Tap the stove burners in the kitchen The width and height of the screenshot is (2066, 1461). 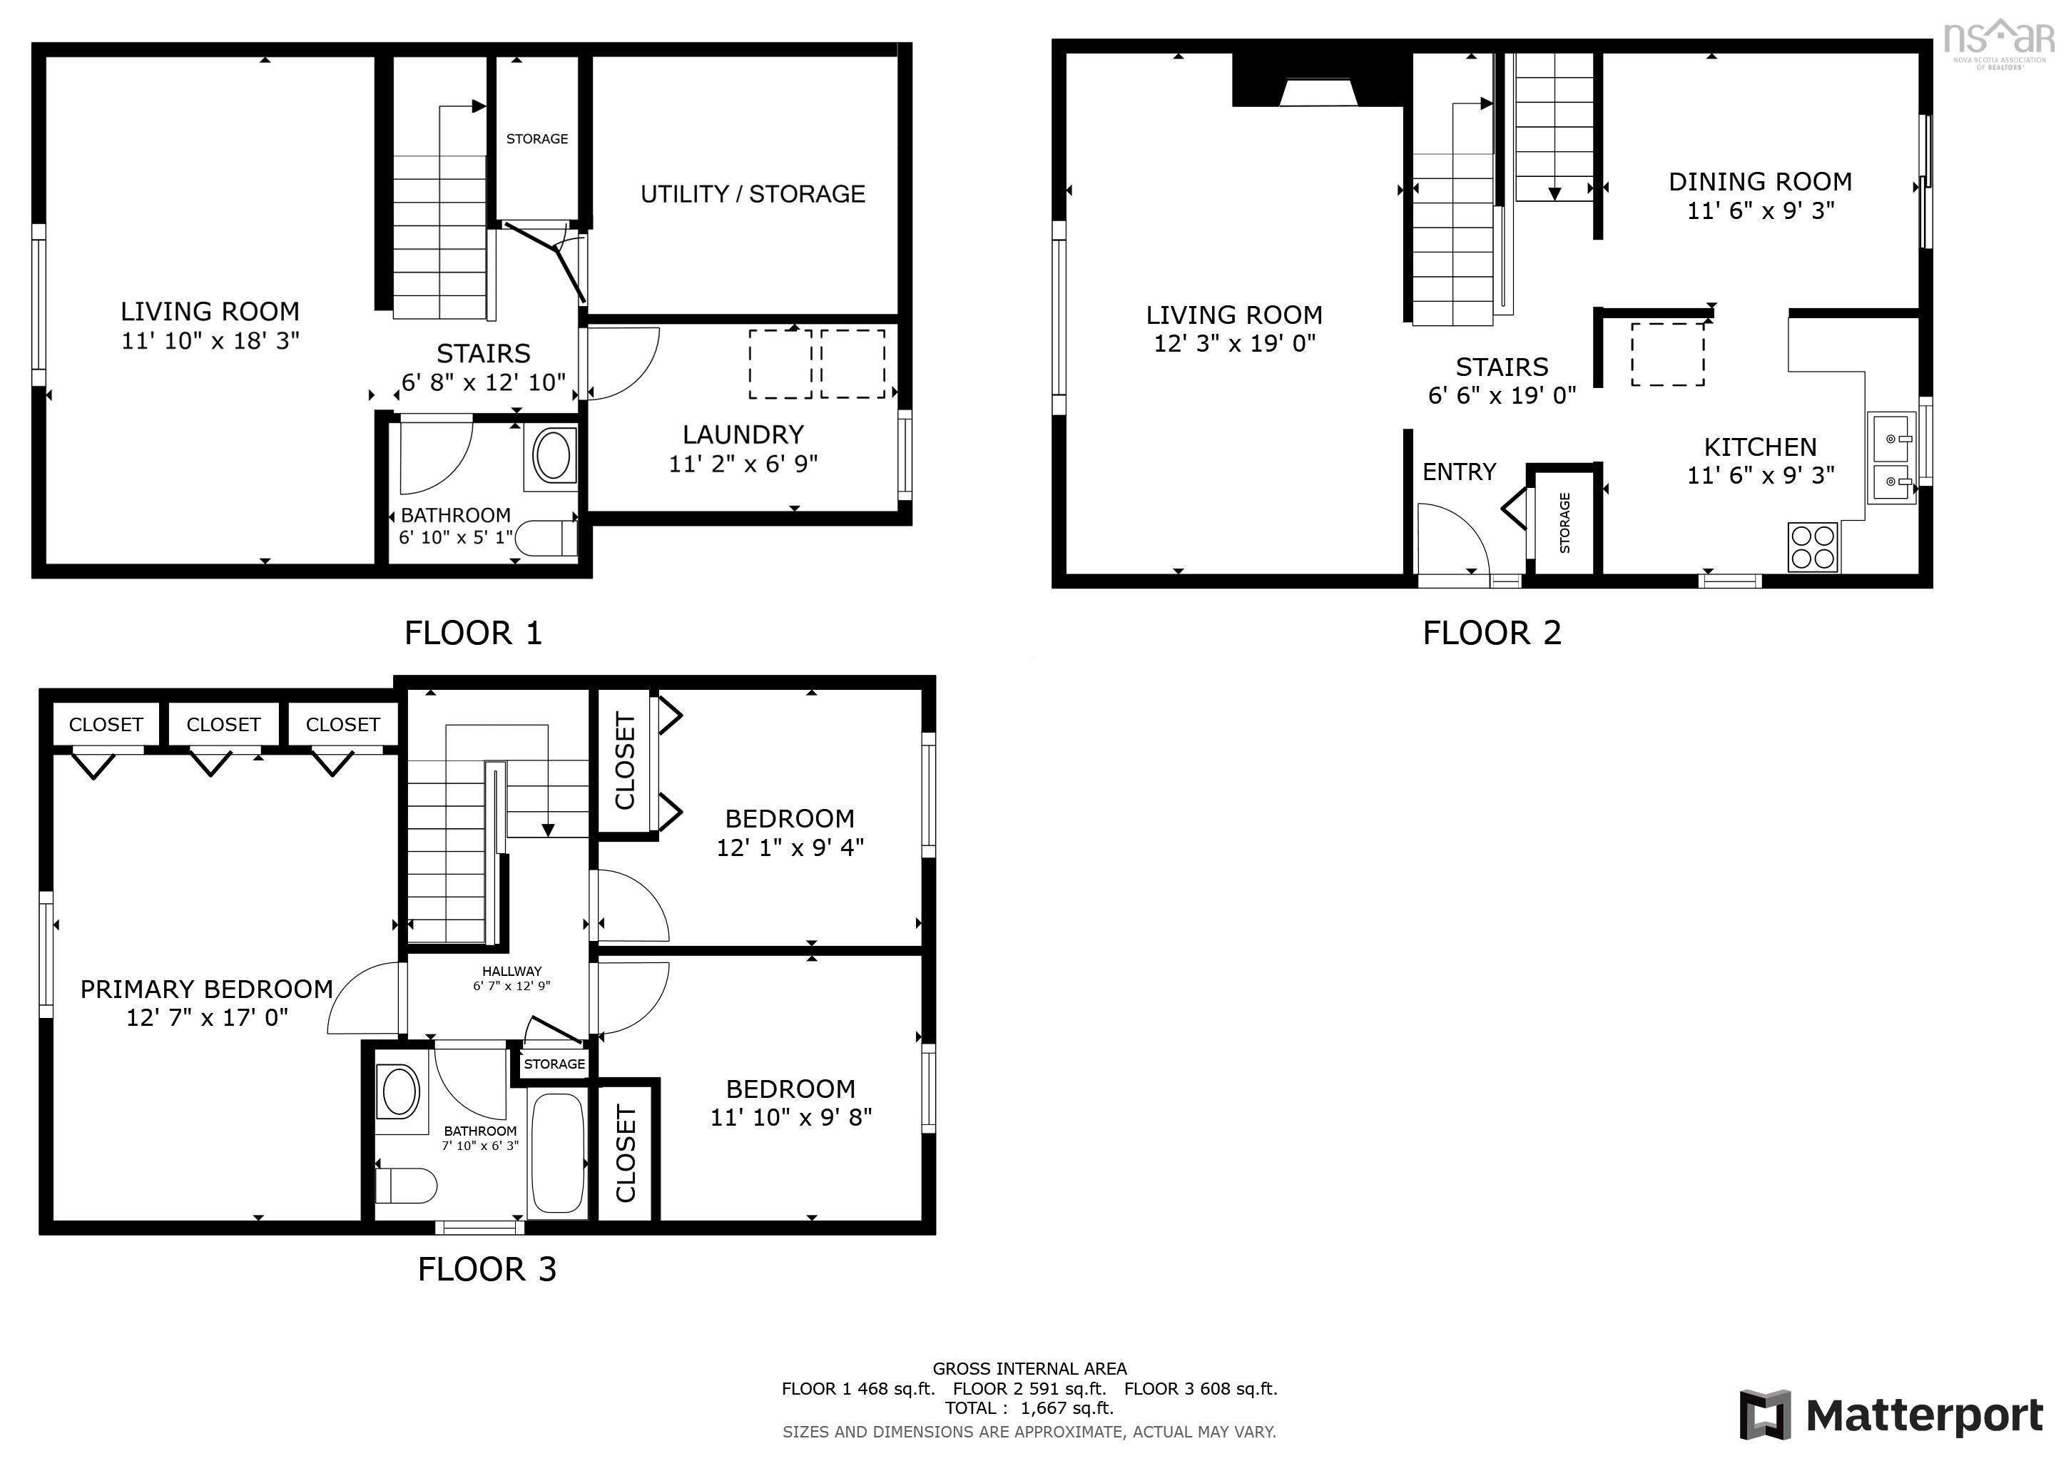(1812, 547)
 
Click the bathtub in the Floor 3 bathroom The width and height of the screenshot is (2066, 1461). (557, 1154)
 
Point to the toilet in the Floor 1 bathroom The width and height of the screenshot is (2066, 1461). (549, 539)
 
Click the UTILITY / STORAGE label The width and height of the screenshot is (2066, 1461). (752, 194)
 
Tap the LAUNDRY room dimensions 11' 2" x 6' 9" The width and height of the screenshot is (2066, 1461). (743, 464)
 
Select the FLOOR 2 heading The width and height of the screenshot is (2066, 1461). (1491, 633)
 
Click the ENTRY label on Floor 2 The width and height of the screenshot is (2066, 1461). (1459, 472)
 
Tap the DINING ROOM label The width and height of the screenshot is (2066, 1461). (1759, 182)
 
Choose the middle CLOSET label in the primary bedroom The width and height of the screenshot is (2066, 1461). (223, 725)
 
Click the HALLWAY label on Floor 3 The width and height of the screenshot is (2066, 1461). (511, 972)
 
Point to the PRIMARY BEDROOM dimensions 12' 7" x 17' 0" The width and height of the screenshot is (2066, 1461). (207, 1017)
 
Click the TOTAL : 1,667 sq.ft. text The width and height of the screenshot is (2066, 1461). (1029, 1408)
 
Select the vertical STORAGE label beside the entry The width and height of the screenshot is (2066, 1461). (1564, 523)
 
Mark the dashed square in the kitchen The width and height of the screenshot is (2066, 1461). (1667, 355)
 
